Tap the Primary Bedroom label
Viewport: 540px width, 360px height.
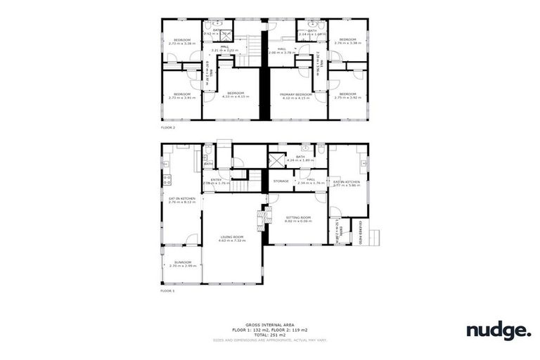pos(295,94)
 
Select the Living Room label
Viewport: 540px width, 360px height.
pos(232,236)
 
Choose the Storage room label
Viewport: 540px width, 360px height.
pos(281,181)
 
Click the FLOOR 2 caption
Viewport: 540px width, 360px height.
pos(168,129)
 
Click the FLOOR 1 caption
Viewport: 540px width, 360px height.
pos(167,290)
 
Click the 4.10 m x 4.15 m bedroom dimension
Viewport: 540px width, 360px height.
pos(235,97)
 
